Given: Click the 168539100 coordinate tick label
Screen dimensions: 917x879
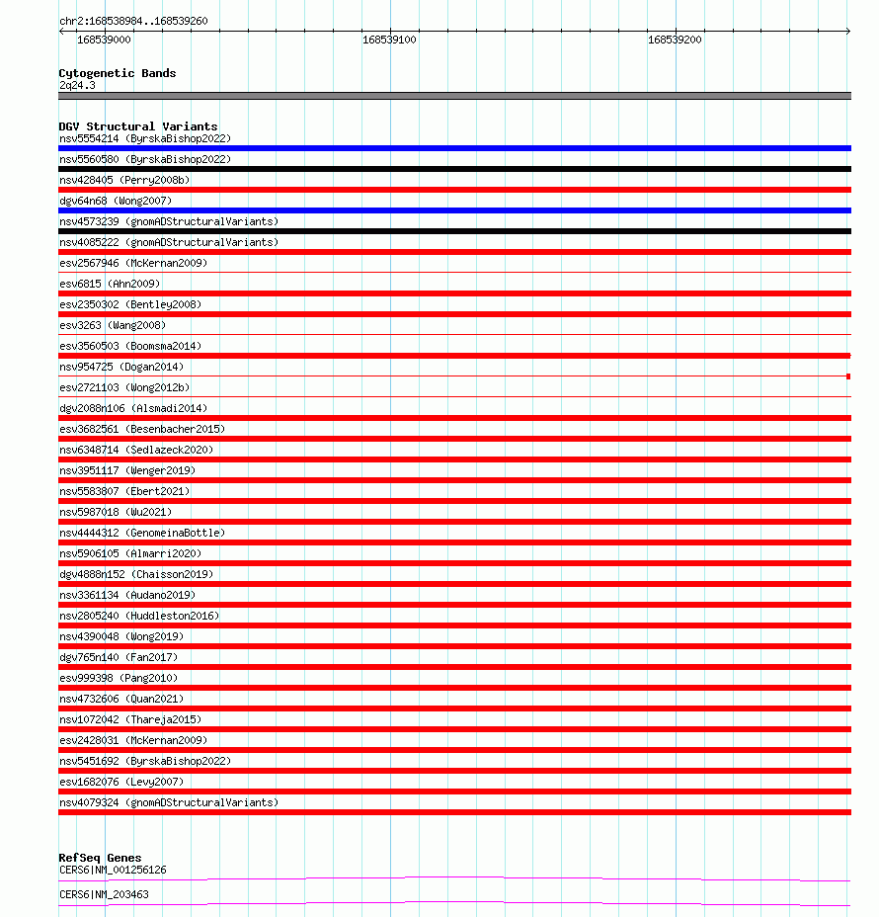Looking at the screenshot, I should (389, 41).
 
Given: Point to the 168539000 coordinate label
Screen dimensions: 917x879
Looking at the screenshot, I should (104, 41).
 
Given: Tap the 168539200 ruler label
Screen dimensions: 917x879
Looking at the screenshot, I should (675, 41).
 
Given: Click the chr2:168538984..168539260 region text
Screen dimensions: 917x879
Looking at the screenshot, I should (133, 21).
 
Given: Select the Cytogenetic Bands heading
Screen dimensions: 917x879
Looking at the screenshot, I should (118, 73).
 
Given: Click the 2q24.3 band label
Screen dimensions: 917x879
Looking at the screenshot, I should (77, 86).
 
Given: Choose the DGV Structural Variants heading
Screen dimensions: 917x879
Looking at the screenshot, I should (138, 126).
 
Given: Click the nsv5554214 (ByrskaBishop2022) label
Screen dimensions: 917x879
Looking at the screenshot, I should (145, 138).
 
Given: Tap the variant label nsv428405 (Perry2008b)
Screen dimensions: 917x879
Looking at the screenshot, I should (124, 180).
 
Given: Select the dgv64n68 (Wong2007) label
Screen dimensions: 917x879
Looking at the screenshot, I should (121, 201).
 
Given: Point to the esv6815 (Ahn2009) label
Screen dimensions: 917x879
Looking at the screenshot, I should (110, 284).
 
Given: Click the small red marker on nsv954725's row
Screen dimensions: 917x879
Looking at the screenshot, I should (848, 376).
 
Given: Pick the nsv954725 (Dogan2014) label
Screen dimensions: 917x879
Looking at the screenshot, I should (121, 367).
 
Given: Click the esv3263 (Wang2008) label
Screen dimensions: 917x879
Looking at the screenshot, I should (113, 325).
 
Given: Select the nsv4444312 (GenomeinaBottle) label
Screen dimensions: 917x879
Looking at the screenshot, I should (142, 533).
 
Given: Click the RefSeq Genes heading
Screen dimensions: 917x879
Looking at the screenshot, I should (100, 858).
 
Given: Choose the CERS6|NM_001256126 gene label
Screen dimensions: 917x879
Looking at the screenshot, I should (113, 870).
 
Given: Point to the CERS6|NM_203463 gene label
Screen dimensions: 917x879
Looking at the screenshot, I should (104, 894).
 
